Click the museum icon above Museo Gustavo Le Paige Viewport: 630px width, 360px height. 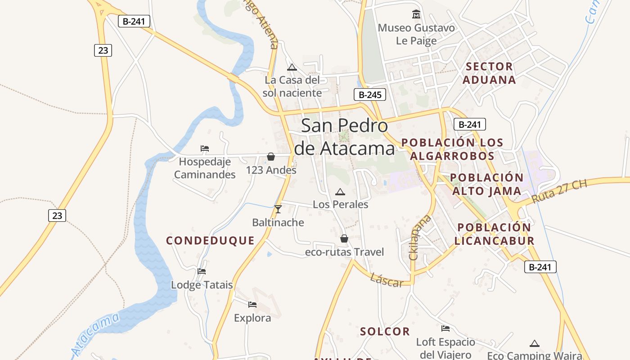(416, 14)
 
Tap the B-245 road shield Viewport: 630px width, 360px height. (369, 94)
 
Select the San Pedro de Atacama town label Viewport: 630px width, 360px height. (344, 136)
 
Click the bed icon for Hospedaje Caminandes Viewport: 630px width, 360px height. (205, 148)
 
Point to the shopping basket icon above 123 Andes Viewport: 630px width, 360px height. (271, 157)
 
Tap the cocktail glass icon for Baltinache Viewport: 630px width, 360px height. (278, 209)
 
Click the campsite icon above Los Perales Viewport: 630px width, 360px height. (340, 192)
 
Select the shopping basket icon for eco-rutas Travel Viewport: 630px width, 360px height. (344, 238)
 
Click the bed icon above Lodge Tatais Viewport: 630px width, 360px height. (202, 271)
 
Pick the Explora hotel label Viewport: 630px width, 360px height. (252, 318)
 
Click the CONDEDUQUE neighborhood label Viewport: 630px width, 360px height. (210, 241)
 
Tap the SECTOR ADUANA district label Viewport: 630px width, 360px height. (490, 73)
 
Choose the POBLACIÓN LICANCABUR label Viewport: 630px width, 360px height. (494, 234)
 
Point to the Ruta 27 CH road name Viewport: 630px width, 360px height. (559, 192)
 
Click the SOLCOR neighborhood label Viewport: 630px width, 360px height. (385, 332)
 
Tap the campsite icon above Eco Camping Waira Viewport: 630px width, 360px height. (535, 344)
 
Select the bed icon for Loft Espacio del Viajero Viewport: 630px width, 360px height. (445, 328)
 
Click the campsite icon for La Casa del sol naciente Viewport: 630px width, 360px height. (292, 67)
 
